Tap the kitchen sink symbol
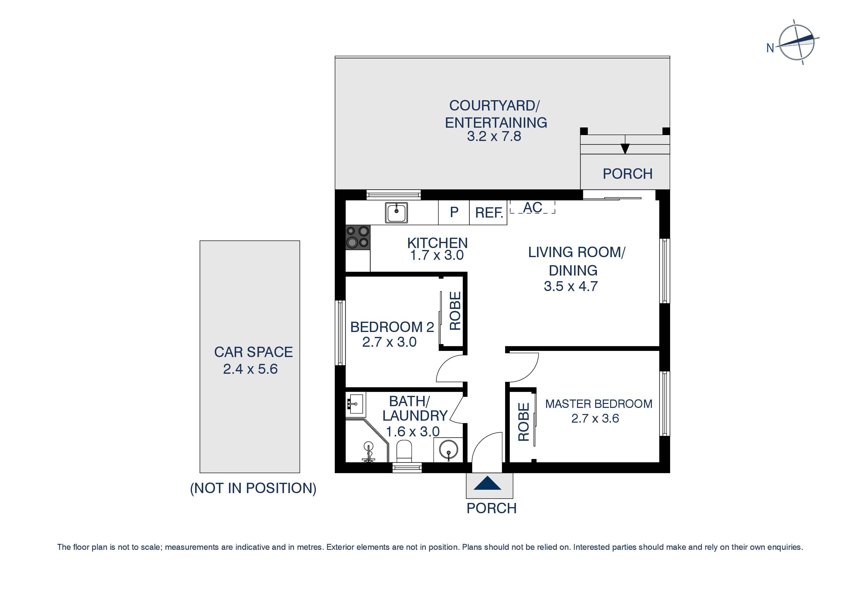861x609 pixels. point(396,213)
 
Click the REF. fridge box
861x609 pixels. point(488,213)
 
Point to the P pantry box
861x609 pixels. point(454,212)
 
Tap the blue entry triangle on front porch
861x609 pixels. point(487,484)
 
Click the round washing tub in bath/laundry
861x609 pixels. point(448,450)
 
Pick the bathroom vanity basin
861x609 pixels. point(355,405)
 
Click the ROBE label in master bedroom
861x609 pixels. point(523,422)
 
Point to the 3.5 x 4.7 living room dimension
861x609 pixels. point(570,286)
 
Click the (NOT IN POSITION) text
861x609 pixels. point(253,488)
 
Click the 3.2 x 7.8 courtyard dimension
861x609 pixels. point(494,137)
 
